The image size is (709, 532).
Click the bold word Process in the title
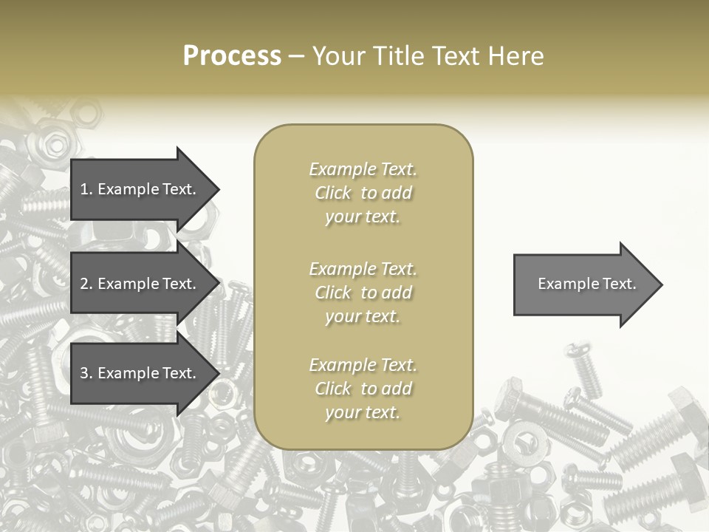coord(232,56)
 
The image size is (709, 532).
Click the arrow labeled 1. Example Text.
coord(140,189)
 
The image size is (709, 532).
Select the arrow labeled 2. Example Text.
coord(140,284)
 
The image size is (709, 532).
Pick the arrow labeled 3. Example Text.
coord(140,373)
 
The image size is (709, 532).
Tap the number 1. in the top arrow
coord(86,189)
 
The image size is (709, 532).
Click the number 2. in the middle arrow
coord(86,284)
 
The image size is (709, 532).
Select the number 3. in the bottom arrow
coord(86,373)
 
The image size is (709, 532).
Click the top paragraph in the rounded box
coord(363,193)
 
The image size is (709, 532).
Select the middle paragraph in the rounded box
coord(363,292)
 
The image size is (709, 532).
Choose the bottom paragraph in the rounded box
coord(363,389)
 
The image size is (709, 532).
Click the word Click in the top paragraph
coord(333,193)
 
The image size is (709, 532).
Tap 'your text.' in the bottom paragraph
coord(363,412)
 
